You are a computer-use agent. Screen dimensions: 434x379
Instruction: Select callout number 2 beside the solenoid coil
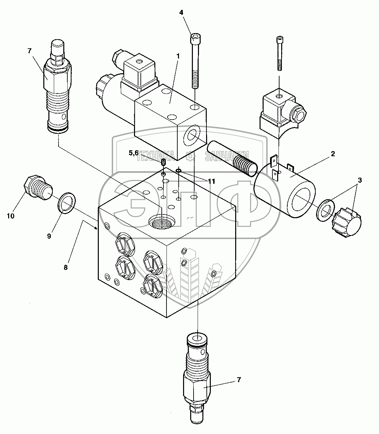pos(333,154)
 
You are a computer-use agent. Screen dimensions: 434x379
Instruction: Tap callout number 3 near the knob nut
pos(360,180)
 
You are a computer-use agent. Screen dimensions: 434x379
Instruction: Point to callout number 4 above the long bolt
pos(181,12)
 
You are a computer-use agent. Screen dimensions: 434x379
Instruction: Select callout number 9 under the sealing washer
pos(49,236)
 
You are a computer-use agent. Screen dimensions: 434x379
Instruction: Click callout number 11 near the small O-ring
pos(211,181)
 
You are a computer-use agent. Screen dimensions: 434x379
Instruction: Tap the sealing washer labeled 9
pos(67,203)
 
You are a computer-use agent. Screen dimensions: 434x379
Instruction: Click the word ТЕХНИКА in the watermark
pos(155,156)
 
